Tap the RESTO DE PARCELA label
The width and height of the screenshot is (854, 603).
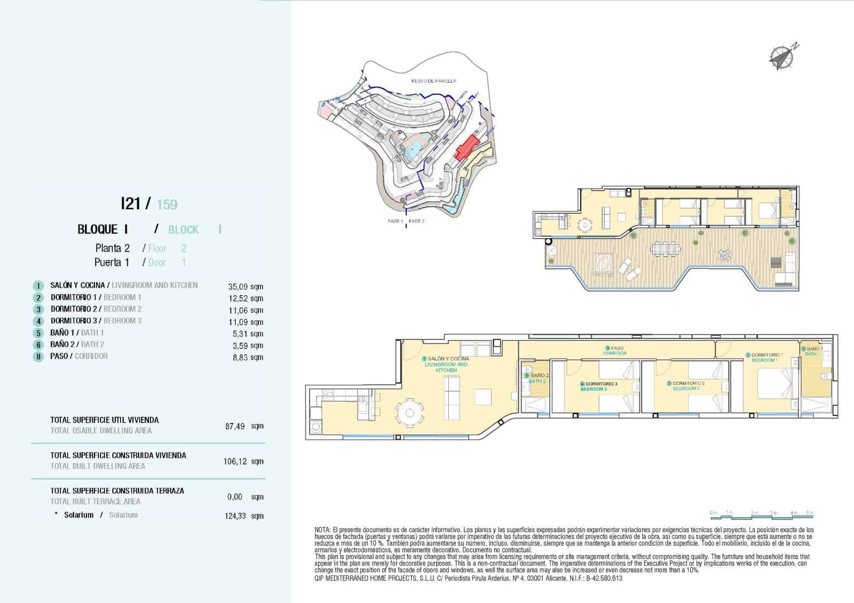click(433, 81)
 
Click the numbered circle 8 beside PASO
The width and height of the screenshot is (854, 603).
click(38, 357)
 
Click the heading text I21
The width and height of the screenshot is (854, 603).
click(131, 203)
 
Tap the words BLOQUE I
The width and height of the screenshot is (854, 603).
click(102, 229)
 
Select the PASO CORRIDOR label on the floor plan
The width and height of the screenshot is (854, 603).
click(614, 351)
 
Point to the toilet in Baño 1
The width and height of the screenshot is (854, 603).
click(825, 376)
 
